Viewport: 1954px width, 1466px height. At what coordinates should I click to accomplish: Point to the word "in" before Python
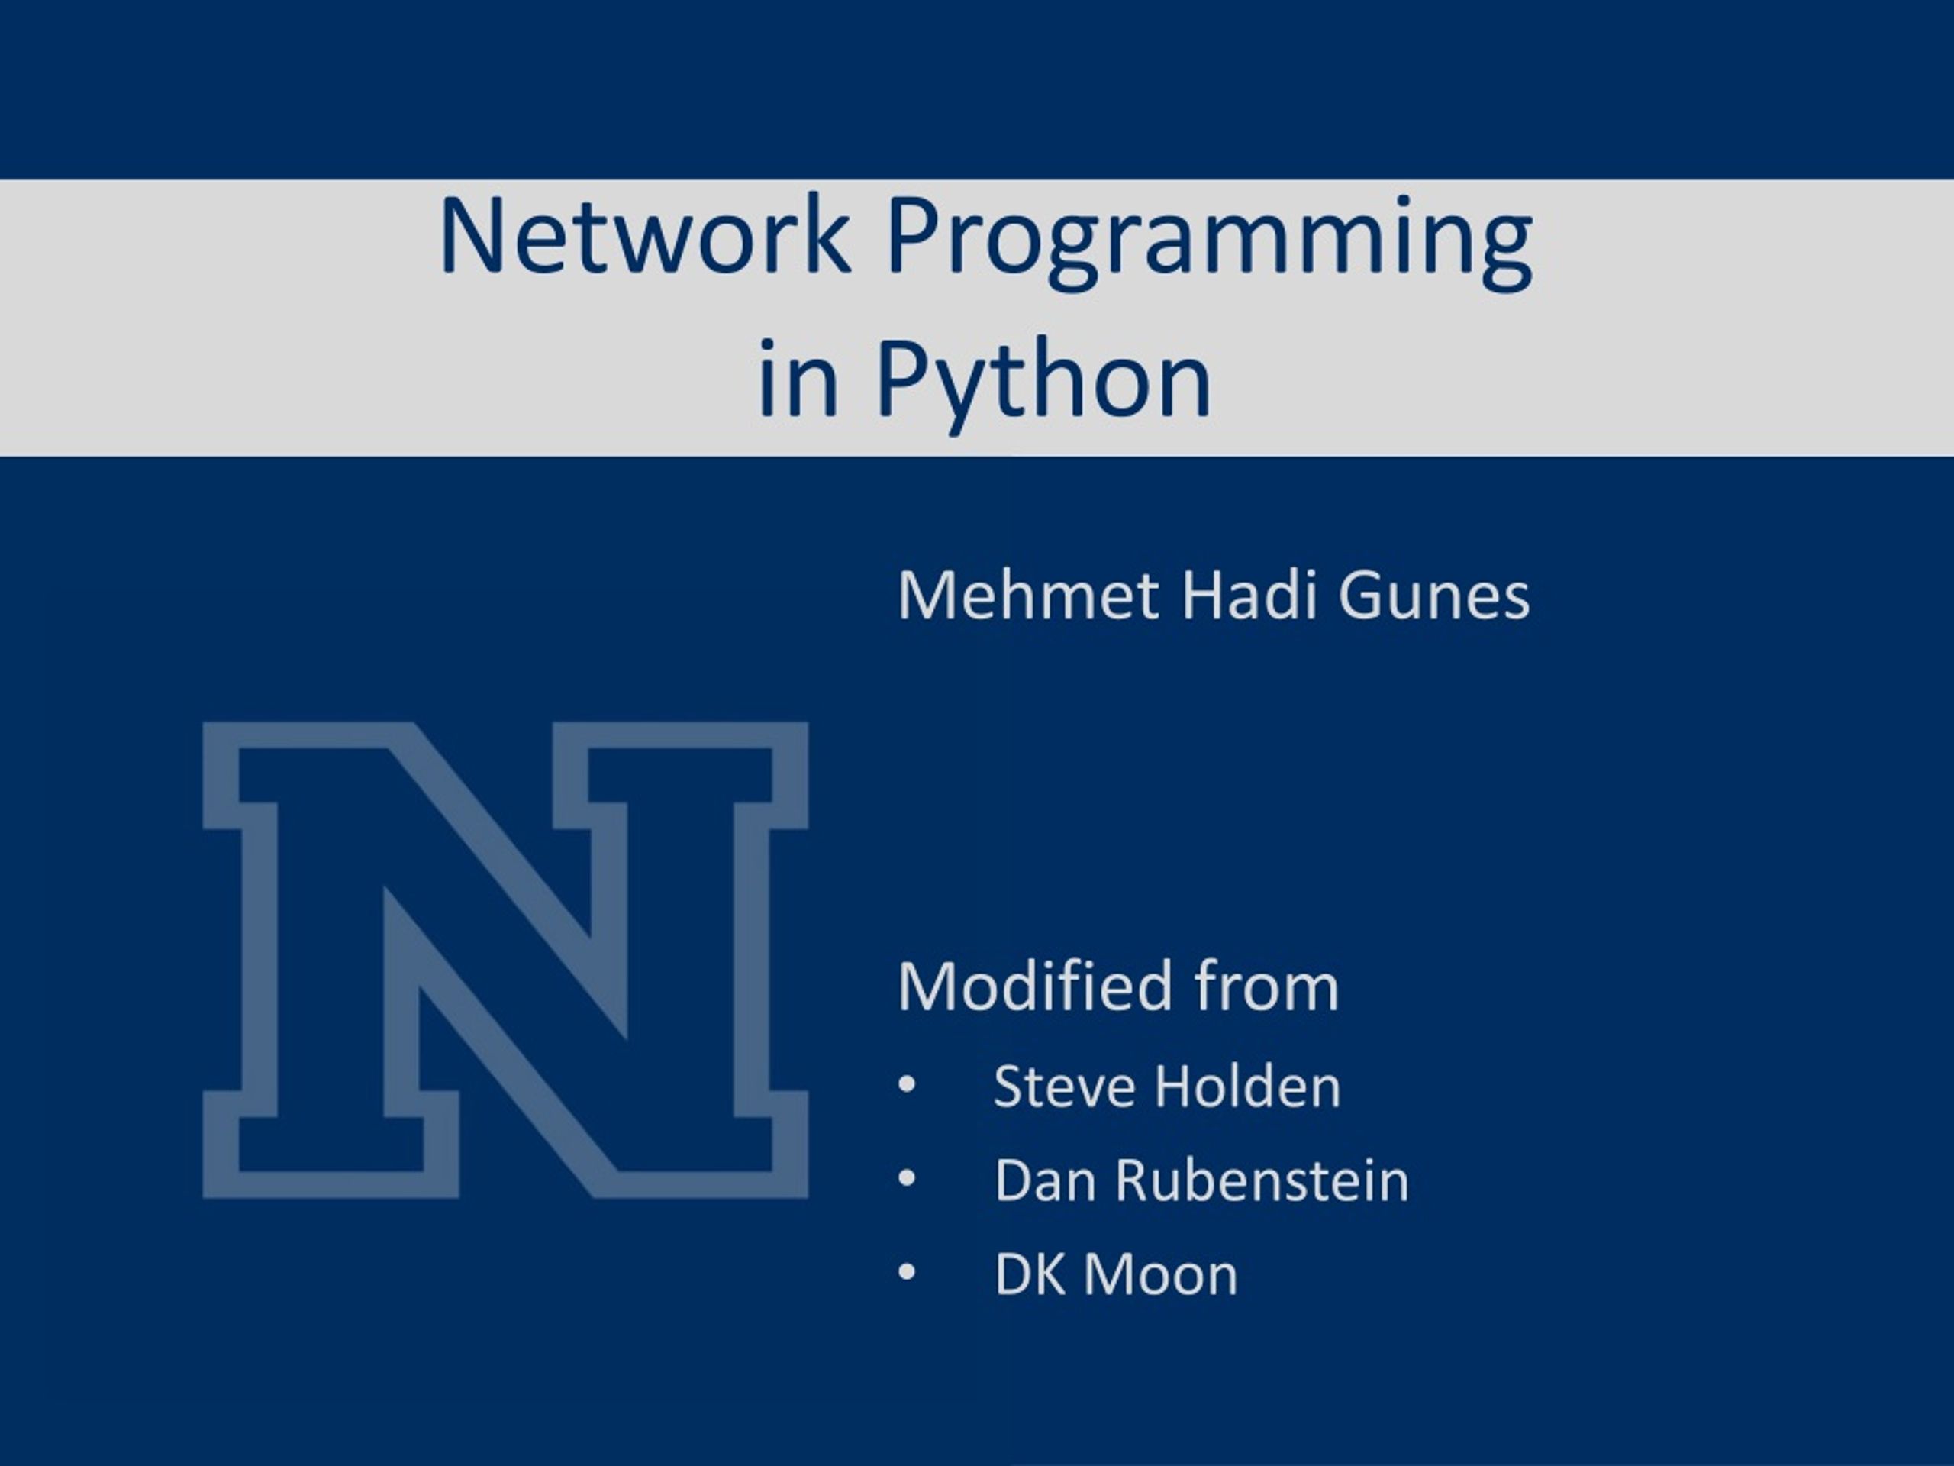(798, 380)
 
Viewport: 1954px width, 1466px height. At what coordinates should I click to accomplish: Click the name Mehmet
(1027, 596)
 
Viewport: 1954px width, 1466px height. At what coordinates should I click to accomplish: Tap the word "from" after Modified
(1267, 987)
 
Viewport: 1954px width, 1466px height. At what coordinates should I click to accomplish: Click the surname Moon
(1161, 1274)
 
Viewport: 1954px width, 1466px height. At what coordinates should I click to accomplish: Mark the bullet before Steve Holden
(906, 1084)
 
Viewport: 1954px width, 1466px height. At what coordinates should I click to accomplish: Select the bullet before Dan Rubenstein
(906, 1179)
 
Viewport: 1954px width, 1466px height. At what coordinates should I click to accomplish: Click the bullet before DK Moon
(906, 1273)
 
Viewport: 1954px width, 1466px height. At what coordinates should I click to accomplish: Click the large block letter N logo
(505, 961)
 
